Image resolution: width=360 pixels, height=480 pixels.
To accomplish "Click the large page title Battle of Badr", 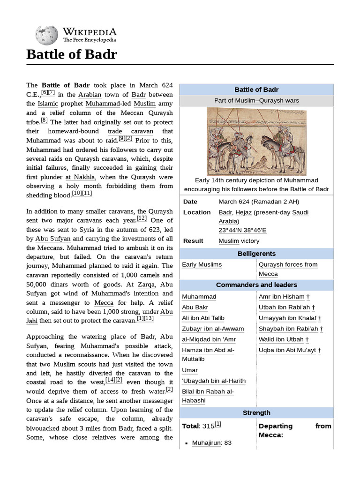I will tap(71, 55).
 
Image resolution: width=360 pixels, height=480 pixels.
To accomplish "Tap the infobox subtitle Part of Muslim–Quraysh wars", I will tap(256, 100).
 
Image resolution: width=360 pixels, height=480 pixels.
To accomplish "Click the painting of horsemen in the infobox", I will tap(256, 142).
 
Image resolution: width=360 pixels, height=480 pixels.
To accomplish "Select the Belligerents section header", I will tap(256, 254).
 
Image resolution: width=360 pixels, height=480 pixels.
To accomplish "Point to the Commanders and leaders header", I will tap(256, 285).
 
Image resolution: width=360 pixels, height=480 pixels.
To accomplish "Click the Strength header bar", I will tap(256, 413).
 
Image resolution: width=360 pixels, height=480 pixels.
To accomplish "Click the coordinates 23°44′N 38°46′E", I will tap(242, 231).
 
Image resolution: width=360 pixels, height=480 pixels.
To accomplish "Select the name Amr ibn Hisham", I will tap(281, 297).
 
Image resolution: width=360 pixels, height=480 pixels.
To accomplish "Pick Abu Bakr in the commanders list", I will tap(195, 307).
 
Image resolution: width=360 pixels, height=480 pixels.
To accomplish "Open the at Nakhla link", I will tap(80, 177).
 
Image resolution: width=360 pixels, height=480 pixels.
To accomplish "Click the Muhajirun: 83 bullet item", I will tap(211, 442).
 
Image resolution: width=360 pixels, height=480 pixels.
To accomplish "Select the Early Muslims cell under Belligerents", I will tap(202, 265).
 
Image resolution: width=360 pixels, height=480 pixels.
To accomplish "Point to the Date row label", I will tap(190, 202).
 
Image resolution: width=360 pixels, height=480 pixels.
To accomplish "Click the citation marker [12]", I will tap(142, 218).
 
